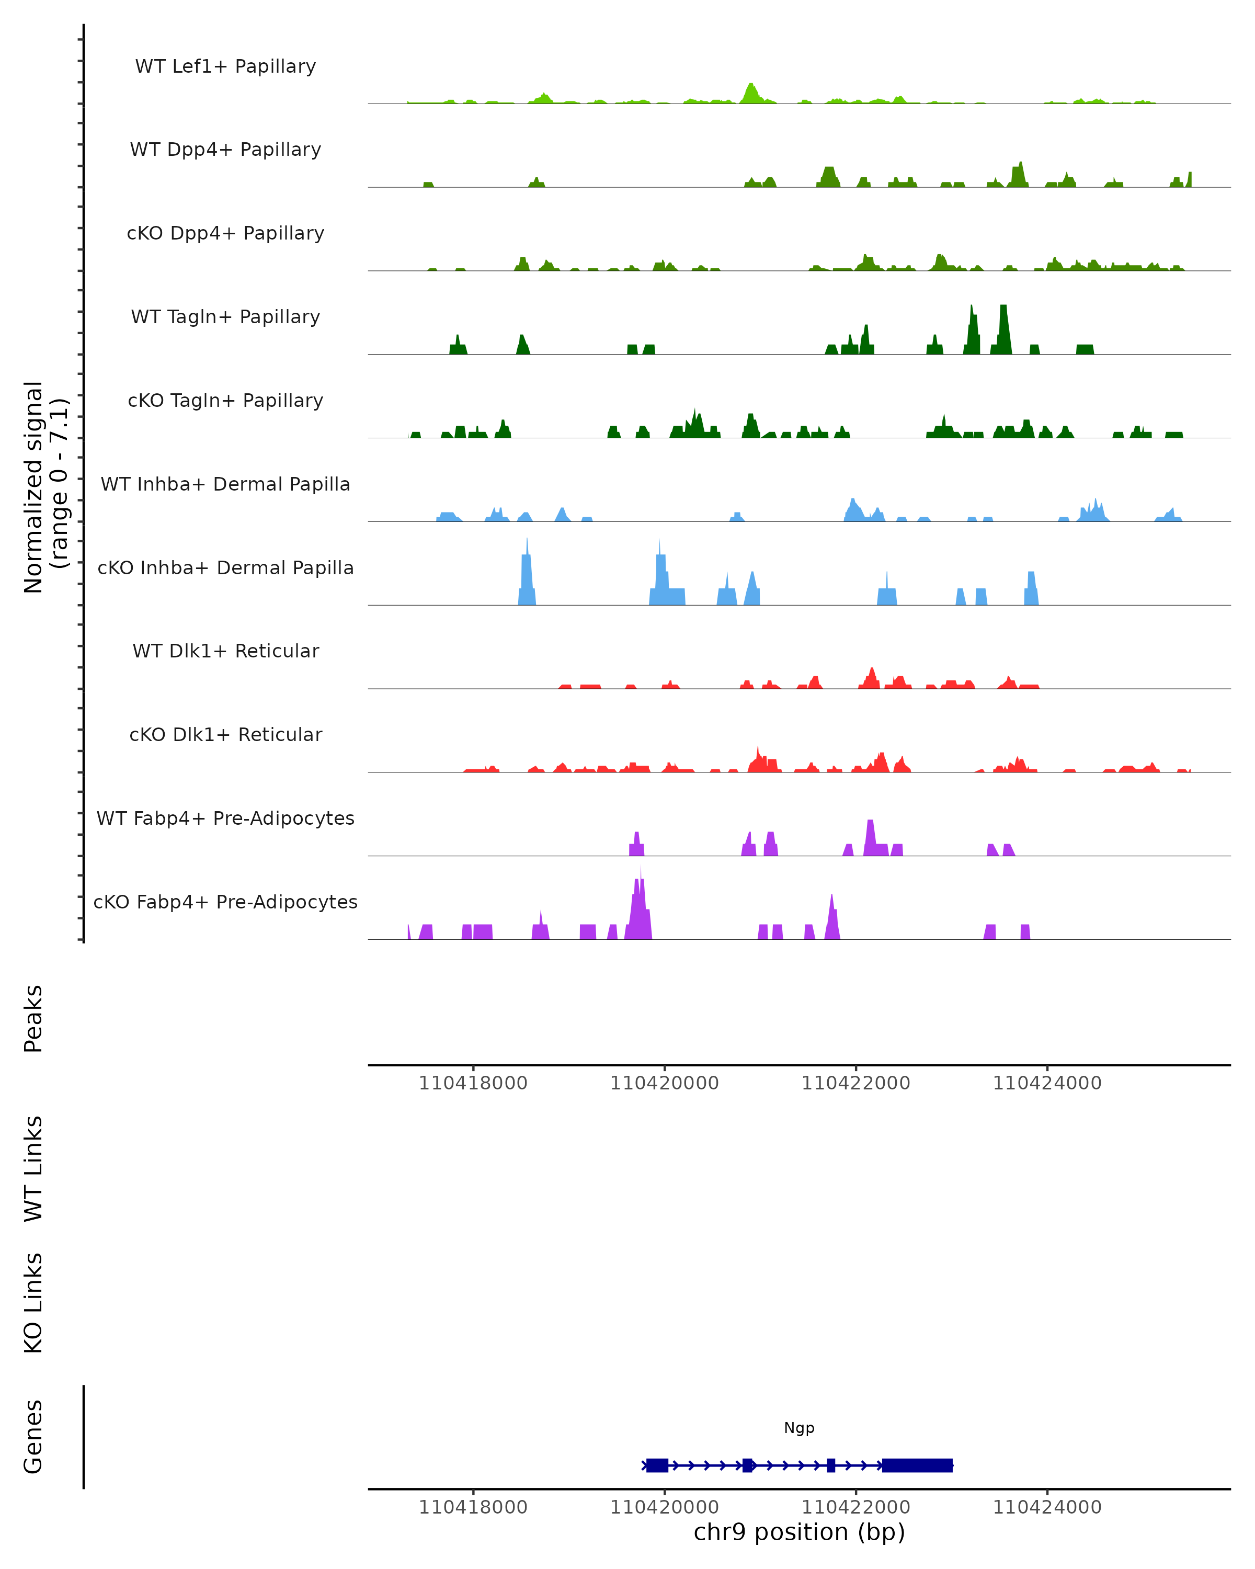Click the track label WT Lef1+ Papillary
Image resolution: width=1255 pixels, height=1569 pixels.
point(225,66)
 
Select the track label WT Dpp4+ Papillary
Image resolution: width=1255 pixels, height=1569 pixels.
point(225,150)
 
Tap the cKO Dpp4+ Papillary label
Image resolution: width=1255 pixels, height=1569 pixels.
point(225,234)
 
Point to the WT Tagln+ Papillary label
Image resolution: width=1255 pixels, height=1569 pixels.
point(225,317)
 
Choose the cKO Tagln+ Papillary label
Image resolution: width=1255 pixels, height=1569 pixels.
point(225,401)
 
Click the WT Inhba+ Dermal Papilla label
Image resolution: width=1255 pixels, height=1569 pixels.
point(225,485)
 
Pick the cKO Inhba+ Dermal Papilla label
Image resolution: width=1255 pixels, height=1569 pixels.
point(225,569)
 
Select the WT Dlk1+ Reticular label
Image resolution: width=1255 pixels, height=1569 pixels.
point(225,651)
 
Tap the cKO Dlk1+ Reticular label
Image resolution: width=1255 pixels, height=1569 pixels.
point(225,735)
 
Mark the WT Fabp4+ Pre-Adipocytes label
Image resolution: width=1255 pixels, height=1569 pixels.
point(225,818)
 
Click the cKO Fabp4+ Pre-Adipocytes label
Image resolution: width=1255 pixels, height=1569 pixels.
point(225,902)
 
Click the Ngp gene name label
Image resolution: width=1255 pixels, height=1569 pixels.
point(799,1428)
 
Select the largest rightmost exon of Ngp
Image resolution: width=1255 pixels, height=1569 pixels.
point(917,1465)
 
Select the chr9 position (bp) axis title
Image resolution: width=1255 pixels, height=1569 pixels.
point(799,1532)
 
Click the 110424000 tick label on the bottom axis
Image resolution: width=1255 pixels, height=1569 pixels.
point(1047,1507)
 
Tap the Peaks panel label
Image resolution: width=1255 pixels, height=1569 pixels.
point(33,1019)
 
